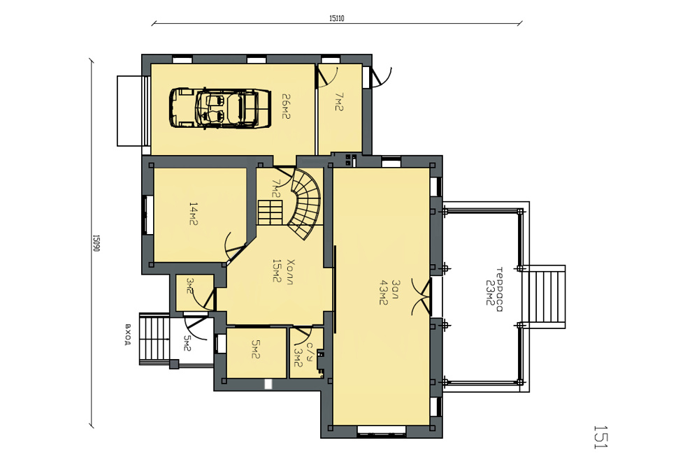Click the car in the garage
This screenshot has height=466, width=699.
(219, 108)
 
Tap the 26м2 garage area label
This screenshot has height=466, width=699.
(286, 106)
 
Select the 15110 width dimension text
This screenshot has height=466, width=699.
(337, 19)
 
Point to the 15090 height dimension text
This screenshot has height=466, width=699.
(95, 243)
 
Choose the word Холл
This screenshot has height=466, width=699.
(290, 271)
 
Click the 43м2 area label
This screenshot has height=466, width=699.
(382, 292)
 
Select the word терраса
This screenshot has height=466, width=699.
(499, 289)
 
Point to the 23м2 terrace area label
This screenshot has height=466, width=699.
(489, 293)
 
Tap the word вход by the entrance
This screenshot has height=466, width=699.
(128, 334)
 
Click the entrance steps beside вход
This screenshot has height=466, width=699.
(155, 339)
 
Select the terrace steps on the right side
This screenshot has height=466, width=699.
(545, 297)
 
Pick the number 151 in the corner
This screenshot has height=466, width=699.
(600, 437)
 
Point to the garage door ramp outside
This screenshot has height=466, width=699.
(132, 111)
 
